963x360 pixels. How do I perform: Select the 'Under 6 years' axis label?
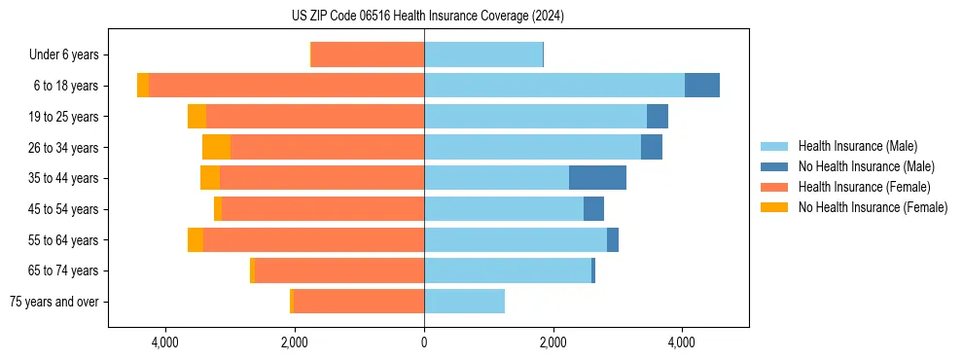pyautogui.click(x=57, y=55)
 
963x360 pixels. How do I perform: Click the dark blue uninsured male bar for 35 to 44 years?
pyautogui.click(x=597, y=178)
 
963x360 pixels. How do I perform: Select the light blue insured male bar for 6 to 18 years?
pyautogui.click(x=554, y=86)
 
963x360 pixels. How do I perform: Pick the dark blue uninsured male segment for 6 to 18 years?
pyautogui.click(x=701, y=86)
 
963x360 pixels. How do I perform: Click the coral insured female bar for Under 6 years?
pyautogui.click(x=368, y=55)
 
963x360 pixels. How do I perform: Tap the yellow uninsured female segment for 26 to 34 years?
pyautogui.click(x=216, y=147)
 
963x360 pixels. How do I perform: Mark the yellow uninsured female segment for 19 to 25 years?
pyautogui.click(x=196, y=117)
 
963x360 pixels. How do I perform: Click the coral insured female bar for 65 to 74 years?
pyautogui.click(x=339, y=270)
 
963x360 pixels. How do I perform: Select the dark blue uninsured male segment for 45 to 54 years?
pyautogui.click(x=593, y=209)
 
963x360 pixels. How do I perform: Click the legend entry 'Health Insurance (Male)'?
pyautogui.click(x=857, y=146)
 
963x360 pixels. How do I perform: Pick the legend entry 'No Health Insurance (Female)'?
pyautogui.click(x=873, y=207)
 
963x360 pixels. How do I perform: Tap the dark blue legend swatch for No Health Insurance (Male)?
pyautogui.click(x=775, y=166)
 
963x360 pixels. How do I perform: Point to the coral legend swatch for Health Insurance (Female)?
pyautogui.click(x=775, y=187)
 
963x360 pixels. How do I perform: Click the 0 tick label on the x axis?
pyautogui.click(x=424, y=342)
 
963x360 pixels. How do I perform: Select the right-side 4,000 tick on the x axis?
pyautogui.click(x=682, y=342)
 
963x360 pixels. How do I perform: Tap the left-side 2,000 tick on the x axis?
pyautogui.click(x=295, y=342)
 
